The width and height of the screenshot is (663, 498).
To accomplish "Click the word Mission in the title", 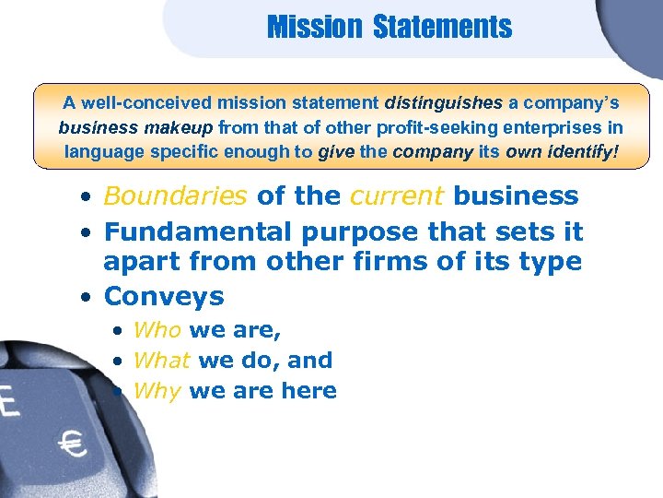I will pyautogui.click(x=315, y=27).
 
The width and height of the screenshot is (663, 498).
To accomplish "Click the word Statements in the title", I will pyautogui.click(x=442, y=27).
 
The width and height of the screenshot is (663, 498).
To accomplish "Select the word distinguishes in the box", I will pyautogui.click(x=444, y=104).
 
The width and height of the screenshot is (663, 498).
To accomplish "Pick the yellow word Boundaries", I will pyautogui.click(x=176, y=196).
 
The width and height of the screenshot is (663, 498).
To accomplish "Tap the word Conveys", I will pyautogui.click(x=164, y=296).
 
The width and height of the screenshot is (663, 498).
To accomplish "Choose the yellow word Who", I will pyautogui.click(x=157, y=329).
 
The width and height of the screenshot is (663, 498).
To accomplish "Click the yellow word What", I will pyautogui.click(x=162, y=360).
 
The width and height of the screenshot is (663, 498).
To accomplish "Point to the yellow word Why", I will pyautogui.click(x=157, y=390).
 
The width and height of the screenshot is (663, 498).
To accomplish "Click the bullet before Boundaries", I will pyautogui.click(x=84, y=197).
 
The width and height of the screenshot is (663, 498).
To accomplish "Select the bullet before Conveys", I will pyautogui.click(x=84, y=298).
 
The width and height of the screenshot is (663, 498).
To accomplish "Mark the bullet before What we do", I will pyautogui.click(x=119, y=361).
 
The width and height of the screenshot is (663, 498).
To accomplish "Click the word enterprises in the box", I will pyautogui.click(x=577, y=126).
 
